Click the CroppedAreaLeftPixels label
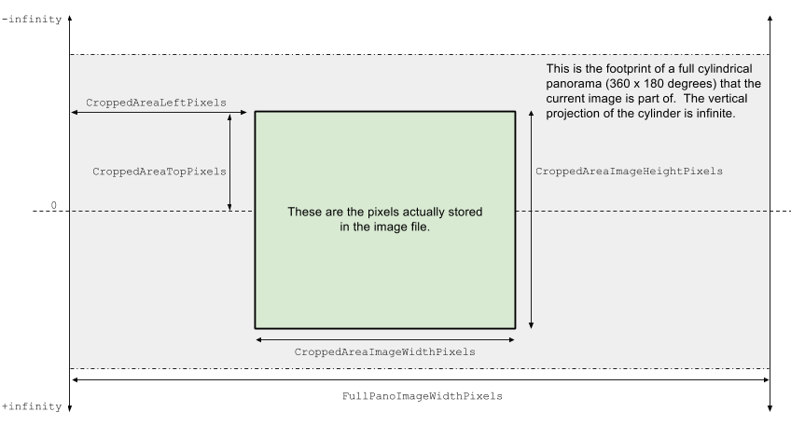pyautogui.click(x=156, y=103)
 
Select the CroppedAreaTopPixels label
pyautogui.click(x=160, y=172)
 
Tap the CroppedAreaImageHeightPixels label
pyautogui.click(x=629, y=172)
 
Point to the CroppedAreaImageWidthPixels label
pyautogui.click(x=384, y=352)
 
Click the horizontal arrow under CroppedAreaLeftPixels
pyautogui.click(x=159, y=113)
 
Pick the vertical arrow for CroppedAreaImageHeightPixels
pyautogui.click(x=531, y=220)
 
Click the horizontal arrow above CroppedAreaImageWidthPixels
pyautogui.click(x=384, y=339)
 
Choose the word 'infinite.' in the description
pyautogui.click(x=712, y=114)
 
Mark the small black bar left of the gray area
pyautogui.click(x=60, y=204)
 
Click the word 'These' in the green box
pyautogui.click(x=304, y=213)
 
